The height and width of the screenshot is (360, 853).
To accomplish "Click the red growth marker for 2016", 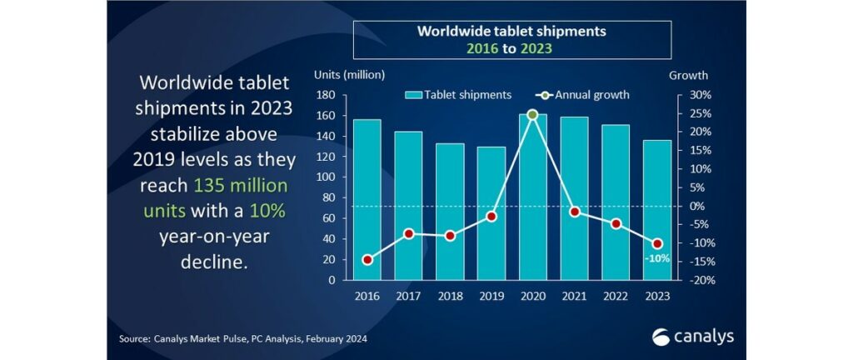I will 367,259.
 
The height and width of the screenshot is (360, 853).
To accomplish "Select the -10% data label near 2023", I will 656,259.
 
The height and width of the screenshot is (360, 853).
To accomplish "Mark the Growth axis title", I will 688,75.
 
